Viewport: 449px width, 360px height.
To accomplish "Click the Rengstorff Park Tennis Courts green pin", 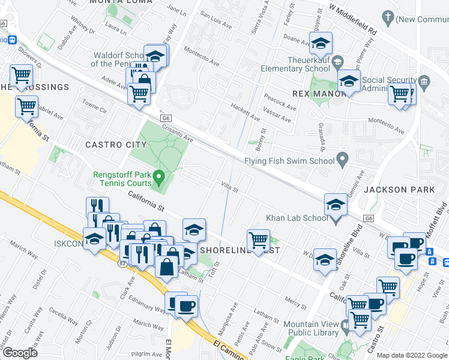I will coord(159,177).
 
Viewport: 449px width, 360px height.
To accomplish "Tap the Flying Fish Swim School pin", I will coord(343,160).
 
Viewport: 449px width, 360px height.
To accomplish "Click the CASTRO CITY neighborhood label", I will coord(116,145).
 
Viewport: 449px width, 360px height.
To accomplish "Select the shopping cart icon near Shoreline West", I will coord(258,239).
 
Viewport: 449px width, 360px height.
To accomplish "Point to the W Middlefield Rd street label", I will coord(352,20).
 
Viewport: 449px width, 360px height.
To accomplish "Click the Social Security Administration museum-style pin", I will coord(424,80).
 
